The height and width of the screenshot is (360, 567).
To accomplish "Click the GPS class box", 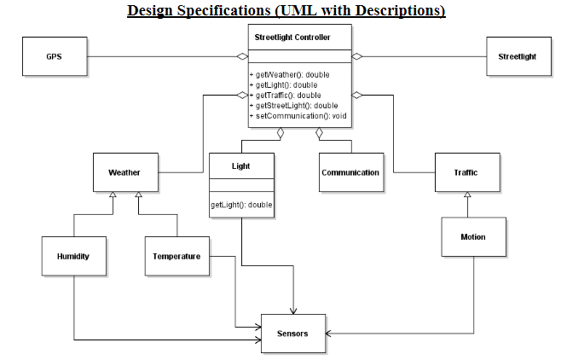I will coord(53,56).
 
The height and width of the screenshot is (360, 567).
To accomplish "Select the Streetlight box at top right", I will coord(517,56).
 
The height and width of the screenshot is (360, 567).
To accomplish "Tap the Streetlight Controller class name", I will coord(291,38).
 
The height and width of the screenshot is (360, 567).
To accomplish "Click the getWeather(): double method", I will coord(290,75).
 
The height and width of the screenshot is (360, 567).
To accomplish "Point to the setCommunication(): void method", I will coord(294,115).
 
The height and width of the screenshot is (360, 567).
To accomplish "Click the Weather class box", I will coord(124,172).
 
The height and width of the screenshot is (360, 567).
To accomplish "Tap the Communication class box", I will coord(350,172).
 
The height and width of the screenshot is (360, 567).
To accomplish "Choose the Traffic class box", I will coord(466,172).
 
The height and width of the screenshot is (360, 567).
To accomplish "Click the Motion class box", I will coord(473,236).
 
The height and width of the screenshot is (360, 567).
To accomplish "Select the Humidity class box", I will coord(73,256).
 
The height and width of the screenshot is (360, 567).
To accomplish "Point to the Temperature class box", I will coord(176,256).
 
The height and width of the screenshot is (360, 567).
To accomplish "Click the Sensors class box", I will coord(292,333).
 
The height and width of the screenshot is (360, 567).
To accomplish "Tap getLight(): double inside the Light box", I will coord(240,206).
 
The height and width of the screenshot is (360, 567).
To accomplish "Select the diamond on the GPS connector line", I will coord(242,56).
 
